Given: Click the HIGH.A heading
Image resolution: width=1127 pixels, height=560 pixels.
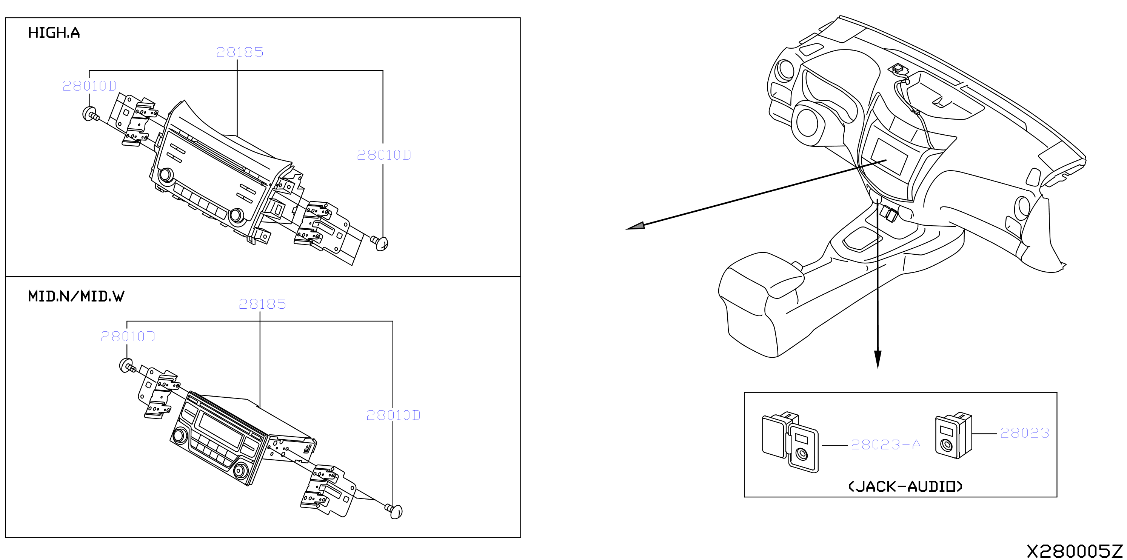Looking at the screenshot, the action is tap(54, 33).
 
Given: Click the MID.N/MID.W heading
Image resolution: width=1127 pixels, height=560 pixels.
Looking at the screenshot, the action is tap(76, 296).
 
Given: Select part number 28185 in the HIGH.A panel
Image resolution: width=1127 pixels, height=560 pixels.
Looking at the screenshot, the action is tap(240, 52).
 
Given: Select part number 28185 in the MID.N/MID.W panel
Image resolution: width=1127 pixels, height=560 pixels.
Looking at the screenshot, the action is tap(262, 304).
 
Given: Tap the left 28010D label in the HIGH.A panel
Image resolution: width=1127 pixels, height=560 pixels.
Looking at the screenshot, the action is tap(90, 86).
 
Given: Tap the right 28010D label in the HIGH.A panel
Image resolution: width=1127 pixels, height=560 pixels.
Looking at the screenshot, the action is tap(384, 155).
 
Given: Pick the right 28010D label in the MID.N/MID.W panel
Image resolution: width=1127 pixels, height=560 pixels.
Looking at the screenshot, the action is tap(393, 415).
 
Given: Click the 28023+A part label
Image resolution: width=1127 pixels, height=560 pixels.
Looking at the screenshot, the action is tap(886, 445).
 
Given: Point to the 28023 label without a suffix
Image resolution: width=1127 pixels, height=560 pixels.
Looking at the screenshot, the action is tap(1025, 433).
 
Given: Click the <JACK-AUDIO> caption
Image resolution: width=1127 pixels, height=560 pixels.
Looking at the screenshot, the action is tap(905, 486).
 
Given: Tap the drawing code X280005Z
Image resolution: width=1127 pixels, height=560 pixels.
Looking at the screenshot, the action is tap(1075, 551).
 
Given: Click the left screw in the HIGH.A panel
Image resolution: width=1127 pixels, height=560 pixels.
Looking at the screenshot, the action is tap(91, 114).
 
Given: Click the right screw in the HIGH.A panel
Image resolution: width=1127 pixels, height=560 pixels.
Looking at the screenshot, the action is tap(380, 242).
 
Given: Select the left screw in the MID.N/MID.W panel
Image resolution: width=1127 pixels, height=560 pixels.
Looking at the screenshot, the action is tap(127, 366).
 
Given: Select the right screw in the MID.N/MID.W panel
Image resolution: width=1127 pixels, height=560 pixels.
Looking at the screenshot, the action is tap(394, 511).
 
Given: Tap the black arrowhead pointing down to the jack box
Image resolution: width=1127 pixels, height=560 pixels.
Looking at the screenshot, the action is tap(878, 360).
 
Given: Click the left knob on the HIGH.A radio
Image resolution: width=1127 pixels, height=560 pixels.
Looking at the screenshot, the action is tap(166, 175).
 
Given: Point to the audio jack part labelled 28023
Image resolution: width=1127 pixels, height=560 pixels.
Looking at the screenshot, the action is tap(953, 435).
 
